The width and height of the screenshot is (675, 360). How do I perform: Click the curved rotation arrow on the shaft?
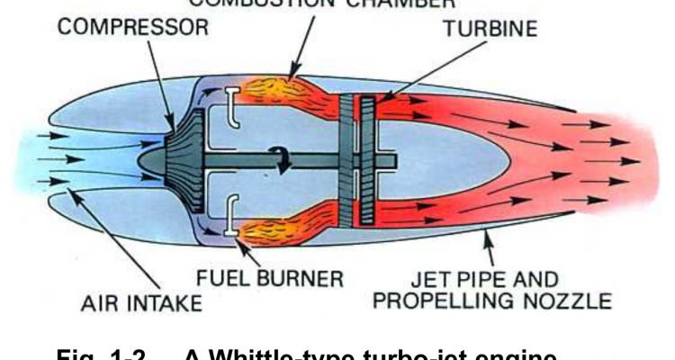click(x=286, y=159)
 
